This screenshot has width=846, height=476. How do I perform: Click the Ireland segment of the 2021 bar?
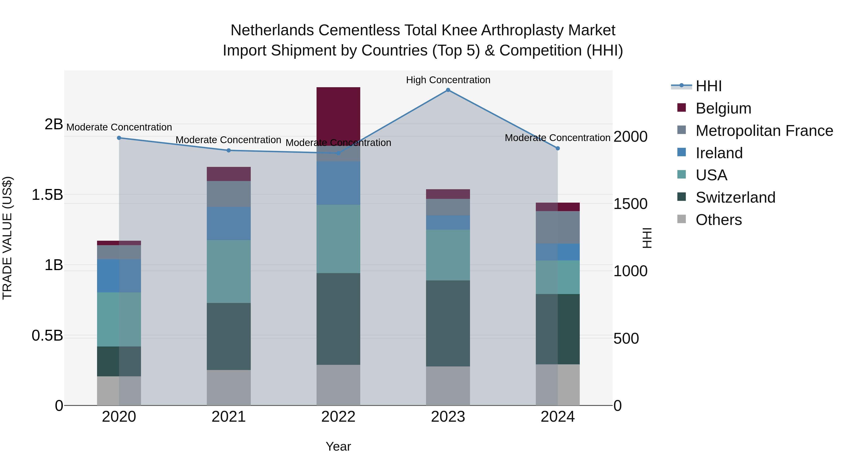click(x=229, y=223)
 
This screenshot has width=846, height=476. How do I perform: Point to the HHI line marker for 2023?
click(x=448, y=90)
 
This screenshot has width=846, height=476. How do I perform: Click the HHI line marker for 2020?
click(x=119, y=138)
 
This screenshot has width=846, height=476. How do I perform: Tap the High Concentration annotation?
click(x=448, y=80)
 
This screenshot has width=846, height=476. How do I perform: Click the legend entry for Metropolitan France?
click(x=764, y=131)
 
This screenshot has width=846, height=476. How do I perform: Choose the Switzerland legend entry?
click(x=735, y=197)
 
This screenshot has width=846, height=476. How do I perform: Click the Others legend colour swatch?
click(x=681, y=219)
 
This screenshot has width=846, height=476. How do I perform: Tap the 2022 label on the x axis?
click(x=338, y=417)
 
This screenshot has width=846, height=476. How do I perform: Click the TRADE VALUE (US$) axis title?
click(x=7, y=238)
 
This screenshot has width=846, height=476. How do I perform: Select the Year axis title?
click(x=338, y=446)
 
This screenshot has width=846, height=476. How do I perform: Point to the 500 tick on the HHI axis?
click(x=626, y=338)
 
